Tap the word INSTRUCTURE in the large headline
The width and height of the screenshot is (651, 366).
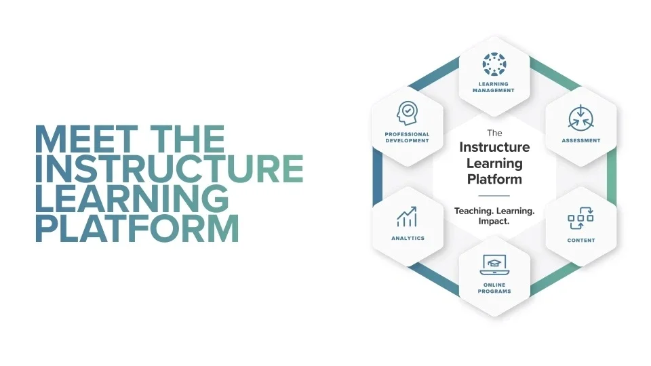pos(170,169)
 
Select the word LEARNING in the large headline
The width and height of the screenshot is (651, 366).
pos(132,199)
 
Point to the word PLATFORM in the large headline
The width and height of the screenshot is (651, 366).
pos(138,228)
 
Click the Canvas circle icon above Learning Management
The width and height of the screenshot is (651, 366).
pos(494,64)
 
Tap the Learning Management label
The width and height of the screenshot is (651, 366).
pos(494,87)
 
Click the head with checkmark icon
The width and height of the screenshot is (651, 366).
pos(408,113)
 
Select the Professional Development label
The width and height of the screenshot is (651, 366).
pos(407,138)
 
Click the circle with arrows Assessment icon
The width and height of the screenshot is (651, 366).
pos(581,117)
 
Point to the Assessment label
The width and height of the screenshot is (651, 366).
pos(581,141)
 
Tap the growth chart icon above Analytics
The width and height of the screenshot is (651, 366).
pos(407,217)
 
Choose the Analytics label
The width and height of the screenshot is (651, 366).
pos(408,238)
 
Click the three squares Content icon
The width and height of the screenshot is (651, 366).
pos(580,218)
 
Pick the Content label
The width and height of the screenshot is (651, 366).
pos(581,240)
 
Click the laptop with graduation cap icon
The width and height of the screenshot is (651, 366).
pos(494,265)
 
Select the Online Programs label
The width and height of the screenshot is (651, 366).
pos(494,288)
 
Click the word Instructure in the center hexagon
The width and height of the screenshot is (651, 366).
pos(494,147)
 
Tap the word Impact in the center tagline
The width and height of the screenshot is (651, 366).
pos(494,221)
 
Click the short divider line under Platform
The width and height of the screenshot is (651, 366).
pos(494,195)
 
